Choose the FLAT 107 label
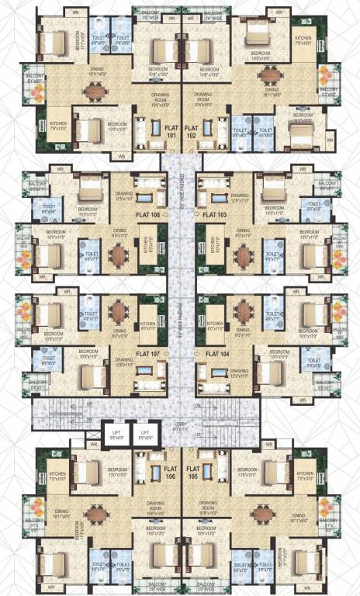(x=147, y=354)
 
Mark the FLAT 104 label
(x=214, y=354)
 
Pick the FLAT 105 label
(x=192, y=473)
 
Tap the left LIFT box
(x=117, y=435)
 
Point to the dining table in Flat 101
(x=95, y=91)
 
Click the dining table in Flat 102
(x=269, y=75)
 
